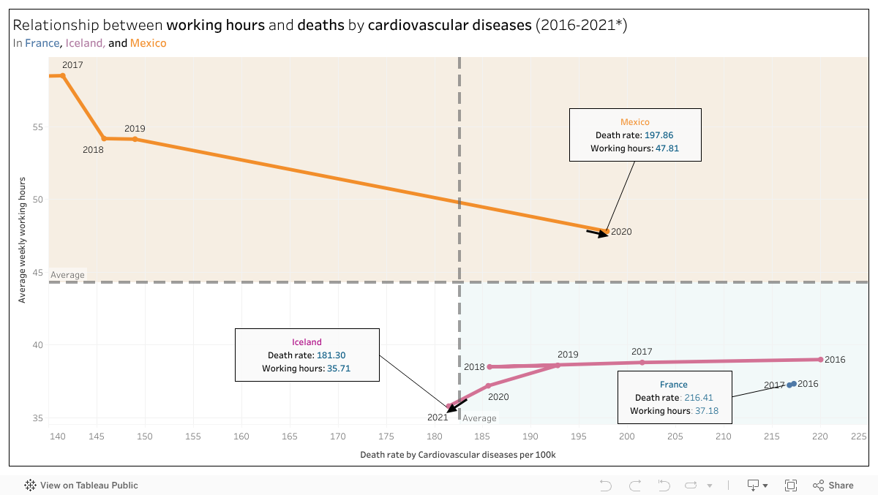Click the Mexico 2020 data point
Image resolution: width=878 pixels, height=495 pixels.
tap(607, 232)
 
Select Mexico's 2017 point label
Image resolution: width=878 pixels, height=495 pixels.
tap(73, 65)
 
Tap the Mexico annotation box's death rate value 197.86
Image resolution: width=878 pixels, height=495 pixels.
tap(659, 135)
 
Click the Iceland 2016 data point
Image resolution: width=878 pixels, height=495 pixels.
tap(820, 360)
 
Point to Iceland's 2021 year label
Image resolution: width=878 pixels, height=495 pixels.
tap(438, 417)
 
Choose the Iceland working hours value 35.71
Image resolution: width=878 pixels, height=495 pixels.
tap(338, 369)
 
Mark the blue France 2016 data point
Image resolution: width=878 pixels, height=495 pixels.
tap(794, 384)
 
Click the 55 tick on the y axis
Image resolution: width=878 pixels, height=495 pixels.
tap(37, 127)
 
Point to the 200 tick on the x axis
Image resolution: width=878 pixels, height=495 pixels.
tap(627, 437)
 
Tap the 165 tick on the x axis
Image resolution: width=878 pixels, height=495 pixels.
tap(290, 437)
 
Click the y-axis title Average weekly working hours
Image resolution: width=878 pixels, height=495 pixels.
tap(22, 240)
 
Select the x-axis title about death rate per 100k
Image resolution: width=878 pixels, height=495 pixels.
tap(458, 455)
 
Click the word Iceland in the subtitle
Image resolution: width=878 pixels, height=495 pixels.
tap(85, 43)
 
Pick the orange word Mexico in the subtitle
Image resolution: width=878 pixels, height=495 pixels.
tap(149, 43)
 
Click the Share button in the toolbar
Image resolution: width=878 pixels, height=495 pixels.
tap(833, 485)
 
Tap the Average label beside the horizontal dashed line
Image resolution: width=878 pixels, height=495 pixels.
tap(67, 276)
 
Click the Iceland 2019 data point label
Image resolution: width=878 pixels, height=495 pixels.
tap(568, 355)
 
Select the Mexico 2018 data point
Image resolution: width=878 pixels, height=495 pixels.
tap(104, 138)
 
